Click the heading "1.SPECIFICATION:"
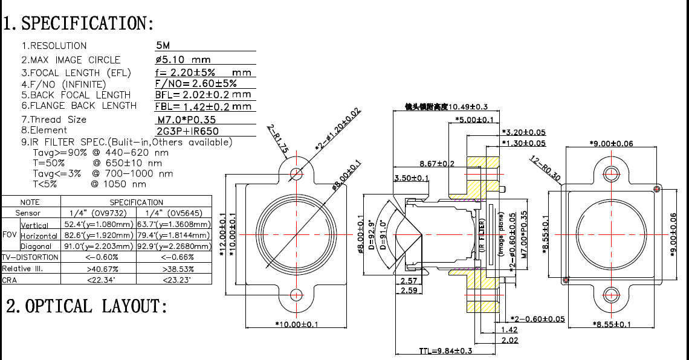79,24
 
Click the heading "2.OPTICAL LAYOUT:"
86,306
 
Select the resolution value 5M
163,45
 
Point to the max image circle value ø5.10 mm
183,60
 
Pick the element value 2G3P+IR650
187,130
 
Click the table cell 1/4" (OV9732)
99,213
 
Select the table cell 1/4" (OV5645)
174,213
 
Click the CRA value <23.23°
174,280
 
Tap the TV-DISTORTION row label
30,257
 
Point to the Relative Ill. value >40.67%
99,268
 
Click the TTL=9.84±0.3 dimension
445,351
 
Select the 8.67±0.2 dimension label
437,164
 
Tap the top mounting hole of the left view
296,173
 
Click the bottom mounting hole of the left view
296,295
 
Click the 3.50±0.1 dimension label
411,178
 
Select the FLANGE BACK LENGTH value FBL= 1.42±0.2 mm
203,106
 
